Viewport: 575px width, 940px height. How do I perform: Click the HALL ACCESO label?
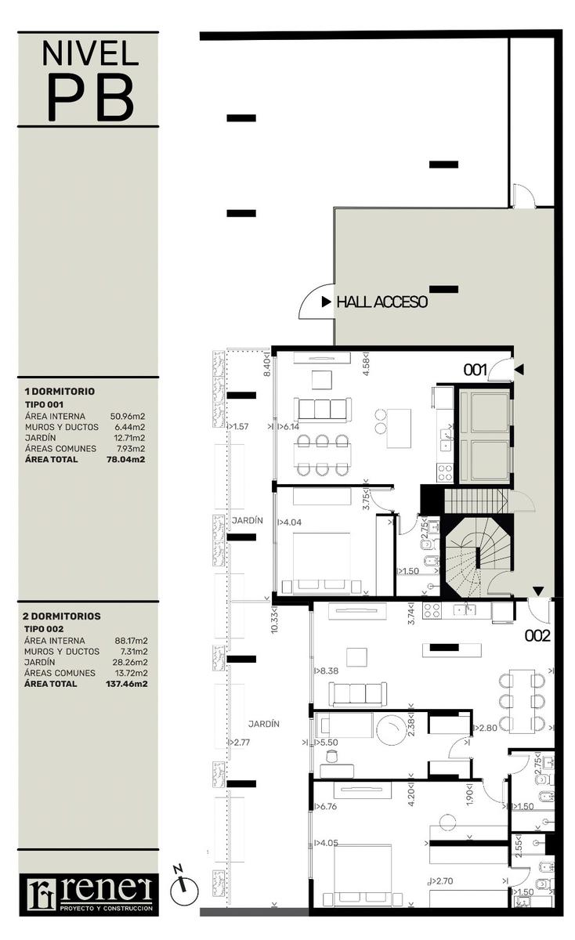coord(382,302)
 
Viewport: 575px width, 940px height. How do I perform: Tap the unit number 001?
coord(475,370)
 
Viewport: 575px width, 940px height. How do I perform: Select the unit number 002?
coord(537,636)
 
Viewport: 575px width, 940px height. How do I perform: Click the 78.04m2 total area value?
coord(126,460)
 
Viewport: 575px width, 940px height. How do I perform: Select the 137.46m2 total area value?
coord(127,684)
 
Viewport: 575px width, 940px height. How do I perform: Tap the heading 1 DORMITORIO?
coord(60,392)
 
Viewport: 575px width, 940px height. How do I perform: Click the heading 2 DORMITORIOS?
coord(62,616)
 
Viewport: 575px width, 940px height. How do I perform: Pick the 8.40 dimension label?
coord(267,367)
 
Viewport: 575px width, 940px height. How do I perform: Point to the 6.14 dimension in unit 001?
coord(291,426)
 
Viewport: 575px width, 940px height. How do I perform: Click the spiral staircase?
coord(479,557)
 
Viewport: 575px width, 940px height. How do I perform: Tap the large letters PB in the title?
coord(91,97)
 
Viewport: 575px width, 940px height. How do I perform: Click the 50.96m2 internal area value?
coord(128,416)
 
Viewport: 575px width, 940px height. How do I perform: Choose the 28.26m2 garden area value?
coord(131,662)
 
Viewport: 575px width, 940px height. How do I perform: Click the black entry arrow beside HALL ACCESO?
coord(326,302)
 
